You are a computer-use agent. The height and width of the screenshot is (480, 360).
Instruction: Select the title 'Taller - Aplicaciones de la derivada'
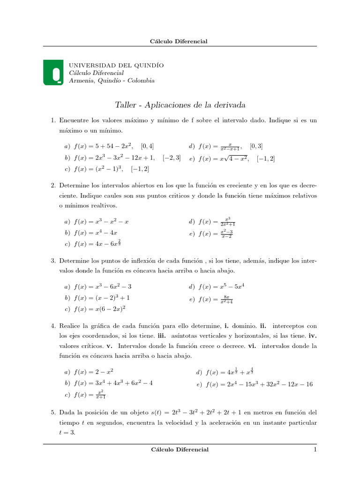(x=180, y=105)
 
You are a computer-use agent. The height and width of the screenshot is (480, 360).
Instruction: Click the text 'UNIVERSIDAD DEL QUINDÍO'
(x=116, y=65)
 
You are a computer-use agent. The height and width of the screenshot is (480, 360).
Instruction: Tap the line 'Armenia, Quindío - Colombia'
(x=112, y=81)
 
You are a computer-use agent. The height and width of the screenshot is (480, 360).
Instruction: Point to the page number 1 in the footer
(x=315, y=450)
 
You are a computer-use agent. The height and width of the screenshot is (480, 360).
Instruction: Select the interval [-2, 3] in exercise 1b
(x=172, y=158)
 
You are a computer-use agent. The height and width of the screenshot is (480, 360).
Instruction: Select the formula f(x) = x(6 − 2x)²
(x=100, y=309)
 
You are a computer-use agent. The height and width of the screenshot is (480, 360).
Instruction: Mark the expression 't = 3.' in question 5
(x=67, y=433)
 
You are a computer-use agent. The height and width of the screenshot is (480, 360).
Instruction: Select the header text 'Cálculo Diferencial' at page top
(x=179, y=41)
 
